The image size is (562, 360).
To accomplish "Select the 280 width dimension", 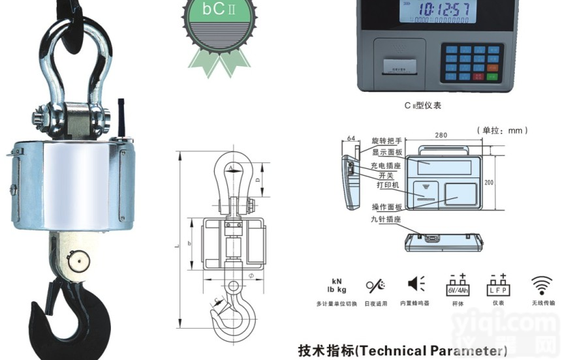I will coord(441,135).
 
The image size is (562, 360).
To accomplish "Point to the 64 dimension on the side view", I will coord(351,138).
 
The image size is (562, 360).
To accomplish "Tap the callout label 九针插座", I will coord(384,219).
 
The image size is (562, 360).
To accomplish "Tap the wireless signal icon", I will coord(542,285).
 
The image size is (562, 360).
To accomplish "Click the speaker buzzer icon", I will coord(416,284).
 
